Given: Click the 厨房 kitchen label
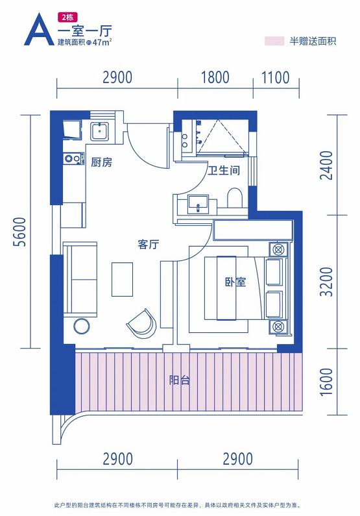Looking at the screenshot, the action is [x=102, y=162].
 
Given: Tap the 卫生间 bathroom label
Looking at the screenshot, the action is [x=224, y=170].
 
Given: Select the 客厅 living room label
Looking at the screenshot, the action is [x=149, y=244].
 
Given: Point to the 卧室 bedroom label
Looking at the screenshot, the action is [x=235, y=282].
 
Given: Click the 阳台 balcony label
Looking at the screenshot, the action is [x=180, y=380].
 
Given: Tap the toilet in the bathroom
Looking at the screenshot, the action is [x=235, y=198].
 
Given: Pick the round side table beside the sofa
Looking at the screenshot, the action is [x=82, y=326].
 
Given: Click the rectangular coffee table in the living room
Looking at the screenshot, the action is [x=123, y=279].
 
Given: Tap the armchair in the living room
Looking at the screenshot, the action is [x=141, y=323].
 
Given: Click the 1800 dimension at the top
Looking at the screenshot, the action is [x=215, y=78].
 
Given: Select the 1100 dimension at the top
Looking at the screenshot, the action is [x=276, y=78].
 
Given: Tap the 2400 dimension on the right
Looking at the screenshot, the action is [x=326, y=166].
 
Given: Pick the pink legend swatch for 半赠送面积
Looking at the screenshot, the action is [x=274, y=41].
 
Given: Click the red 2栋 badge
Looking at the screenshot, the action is [x=67, y=16].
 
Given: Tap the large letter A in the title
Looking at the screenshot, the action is [x=39, y=29].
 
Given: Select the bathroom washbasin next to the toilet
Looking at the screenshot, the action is [x=198, y=204].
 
